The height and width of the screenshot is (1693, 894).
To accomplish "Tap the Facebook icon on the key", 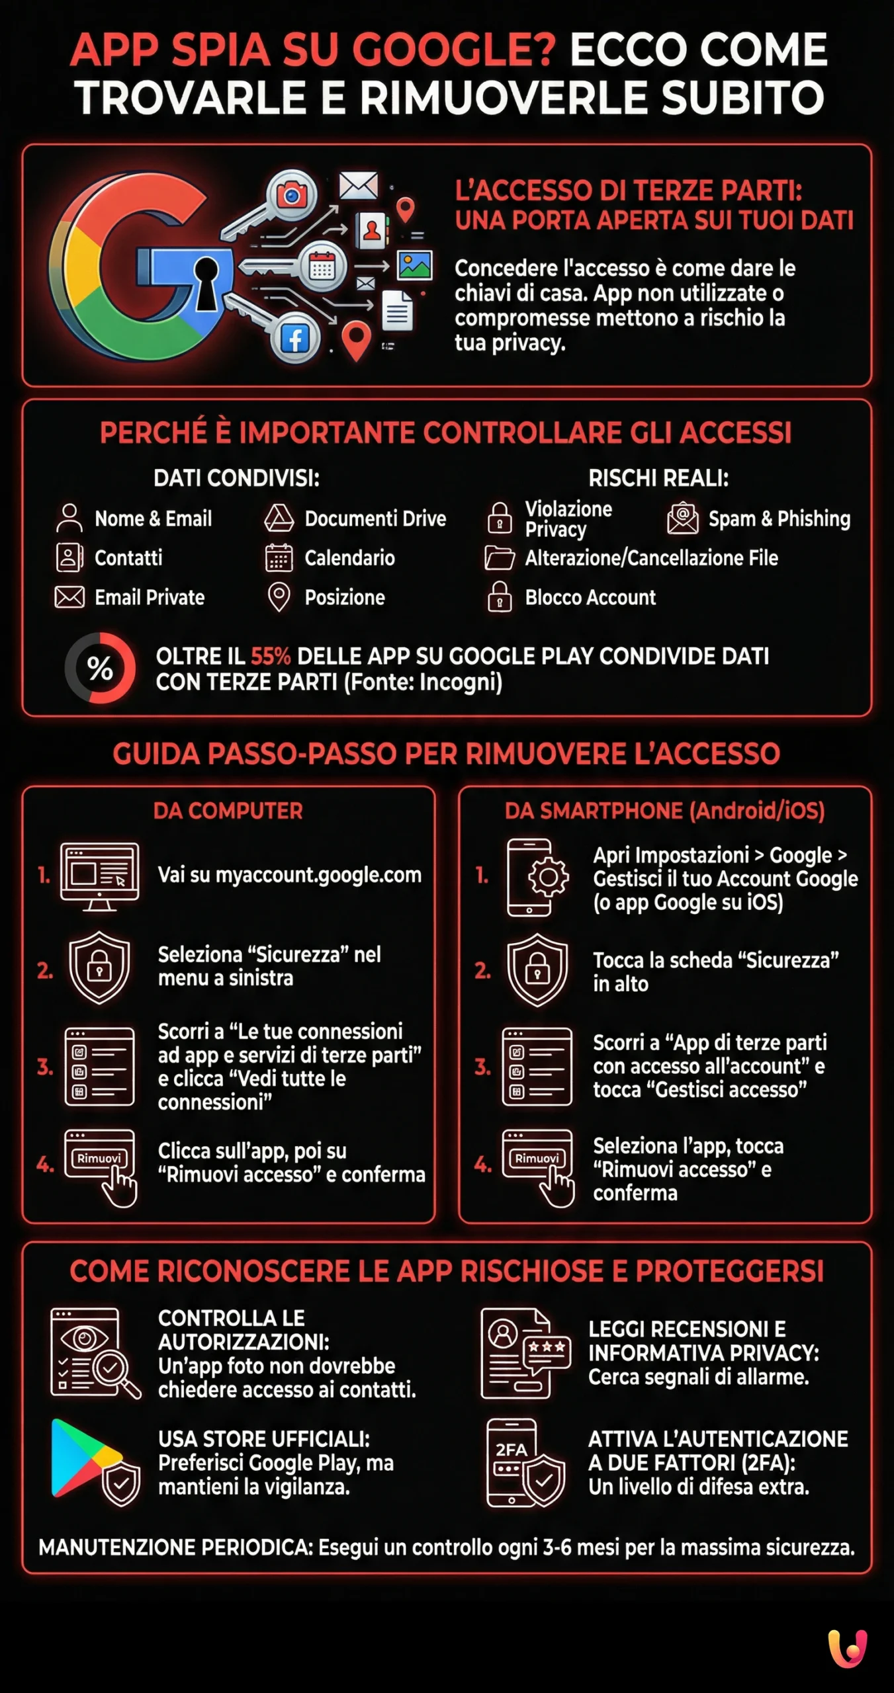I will click(x=295, y=339).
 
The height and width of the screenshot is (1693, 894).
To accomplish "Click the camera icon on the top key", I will click(x=291, y=195).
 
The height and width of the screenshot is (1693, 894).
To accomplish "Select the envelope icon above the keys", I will click(x=358, y=186).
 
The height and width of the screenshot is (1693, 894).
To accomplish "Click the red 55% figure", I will click(x=270, y=656).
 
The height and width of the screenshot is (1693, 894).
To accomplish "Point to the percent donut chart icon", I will click(x=100, y=668).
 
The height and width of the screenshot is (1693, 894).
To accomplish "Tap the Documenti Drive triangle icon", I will click(x=279, y=518).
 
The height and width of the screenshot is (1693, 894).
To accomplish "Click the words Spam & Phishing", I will click(x=779, y=518).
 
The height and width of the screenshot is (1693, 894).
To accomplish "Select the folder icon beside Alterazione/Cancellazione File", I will click(x=499, y=557).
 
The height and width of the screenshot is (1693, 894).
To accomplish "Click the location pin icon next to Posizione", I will click(x=279, y=597).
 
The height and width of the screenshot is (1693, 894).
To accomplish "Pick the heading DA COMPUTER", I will click(x=228, y=811).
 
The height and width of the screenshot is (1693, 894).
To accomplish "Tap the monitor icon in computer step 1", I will click(x=99, y=875).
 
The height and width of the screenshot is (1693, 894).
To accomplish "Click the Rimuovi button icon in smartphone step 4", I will click(x=537, y=1157).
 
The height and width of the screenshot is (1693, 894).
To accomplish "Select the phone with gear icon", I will click(x=536, y=877).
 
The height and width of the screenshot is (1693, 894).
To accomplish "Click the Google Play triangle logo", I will click(x=83, y=1458).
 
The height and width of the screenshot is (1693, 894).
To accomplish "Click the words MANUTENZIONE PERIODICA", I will click(x=175, y=1548).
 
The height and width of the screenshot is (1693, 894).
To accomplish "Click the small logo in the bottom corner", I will click(x=848, y=1648).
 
